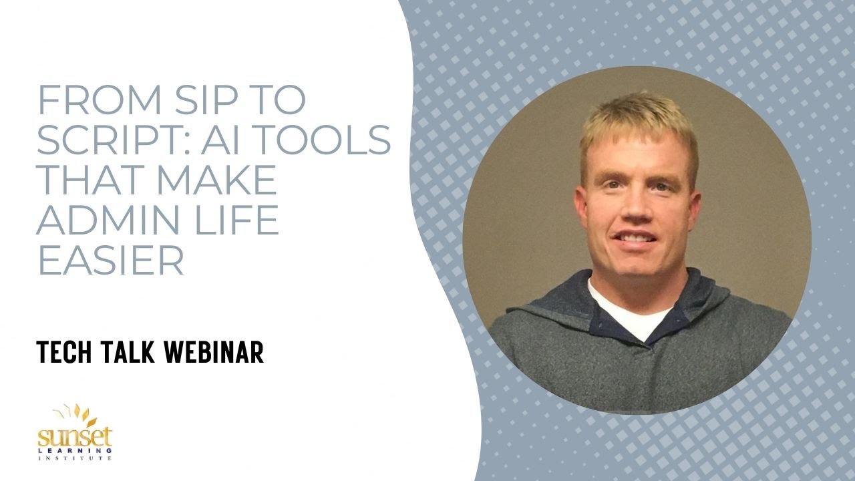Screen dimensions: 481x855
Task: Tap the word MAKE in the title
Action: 214,180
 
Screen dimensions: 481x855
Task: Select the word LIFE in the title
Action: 234,220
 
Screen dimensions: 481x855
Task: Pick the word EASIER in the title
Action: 110,261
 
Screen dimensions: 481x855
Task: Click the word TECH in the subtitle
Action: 65,352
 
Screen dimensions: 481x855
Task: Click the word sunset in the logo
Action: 75,438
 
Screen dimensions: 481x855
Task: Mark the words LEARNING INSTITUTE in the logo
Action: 75,454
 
